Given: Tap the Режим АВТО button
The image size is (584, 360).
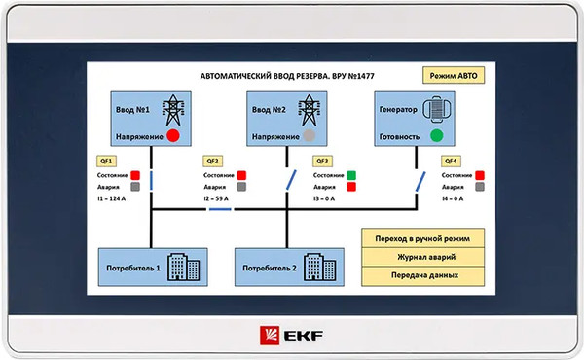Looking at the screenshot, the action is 454,75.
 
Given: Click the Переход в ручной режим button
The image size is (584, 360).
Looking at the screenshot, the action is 422,238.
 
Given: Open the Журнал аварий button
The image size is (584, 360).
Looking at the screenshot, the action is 422,257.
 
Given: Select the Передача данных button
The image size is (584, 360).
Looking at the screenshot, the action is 422,276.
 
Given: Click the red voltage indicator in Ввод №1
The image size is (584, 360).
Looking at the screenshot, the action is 173,135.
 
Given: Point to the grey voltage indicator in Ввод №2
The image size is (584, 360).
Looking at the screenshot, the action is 310,135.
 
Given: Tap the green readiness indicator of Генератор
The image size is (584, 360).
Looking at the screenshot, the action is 436,135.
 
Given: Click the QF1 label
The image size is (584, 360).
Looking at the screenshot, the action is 106,162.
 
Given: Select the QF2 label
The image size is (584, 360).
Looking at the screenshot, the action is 212,162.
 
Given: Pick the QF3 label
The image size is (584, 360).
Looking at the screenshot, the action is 322,162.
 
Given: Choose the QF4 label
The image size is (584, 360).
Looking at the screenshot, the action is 451,162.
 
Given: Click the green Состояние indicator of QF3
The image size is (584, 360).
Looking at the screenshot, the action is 351,175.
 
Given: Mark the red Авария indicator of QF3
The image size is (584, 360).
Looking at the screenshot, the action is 351,187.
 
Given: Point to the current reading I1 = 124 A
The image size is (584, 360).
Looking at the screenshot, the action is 111,198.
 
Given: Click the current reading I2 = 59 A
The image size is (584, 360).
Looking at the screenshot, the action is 216,198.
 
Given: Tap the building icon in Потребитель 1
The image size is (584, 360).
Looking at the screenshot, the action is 184,267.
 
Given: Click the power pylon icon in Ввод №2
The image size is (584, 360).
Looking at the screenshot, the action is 310,110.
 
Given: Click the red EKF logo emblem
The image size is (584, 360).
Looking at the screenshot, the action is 270,336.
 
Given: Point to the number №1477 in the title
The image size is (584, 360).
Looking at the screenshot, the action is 361,76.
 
